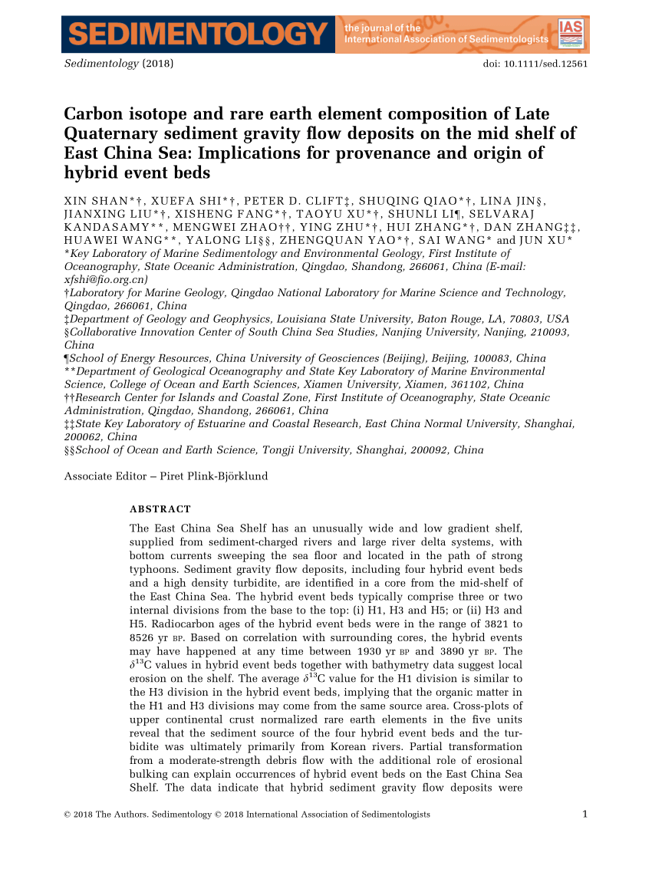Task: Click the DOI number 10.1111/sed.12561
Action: tap(546, 64)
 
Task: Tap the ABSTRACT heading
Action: tap(160, 509)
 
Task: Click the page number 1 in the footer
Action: tap(584, 815)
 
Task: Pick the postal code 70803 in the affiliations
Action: tap(527, 318)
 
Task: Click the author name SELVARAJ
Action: tap(558, 214)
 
